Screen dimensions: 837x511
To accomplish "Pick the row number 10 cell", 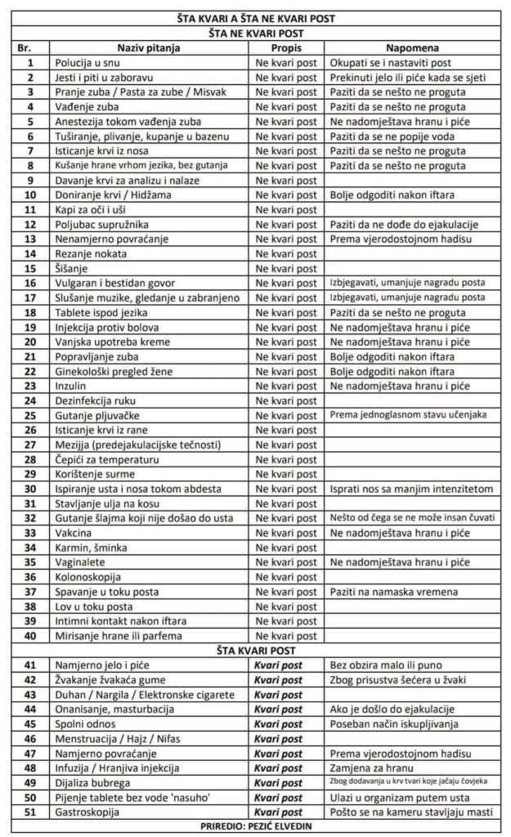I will point(29,195).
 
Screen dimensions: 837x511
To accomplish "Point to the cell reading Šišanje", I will point(72,269).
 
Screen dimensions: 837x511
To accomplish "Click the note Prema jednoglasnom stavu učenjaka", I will point(406,416).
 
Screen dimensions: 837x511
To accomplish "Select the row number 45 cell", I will point(29,725).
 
